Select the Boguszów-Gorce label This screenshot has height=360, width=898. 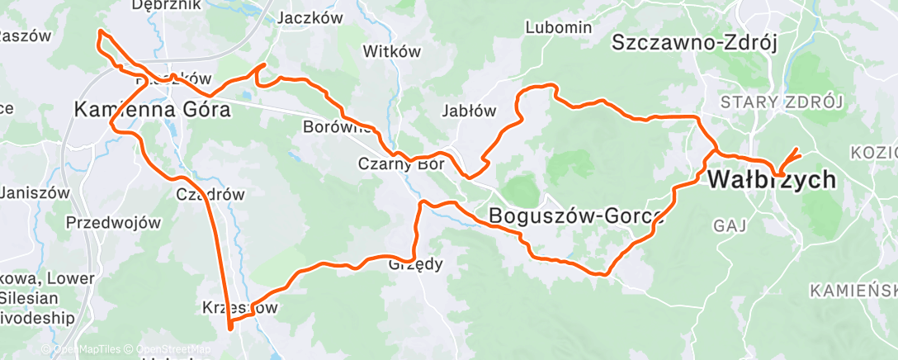[x=576, y=215]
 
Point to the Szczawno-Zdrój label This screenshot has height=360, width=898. [x=695, y=43]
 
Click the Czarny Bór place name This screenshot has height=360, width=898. [x=400, y=163]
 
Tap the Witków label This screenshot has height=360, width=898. [x=391, y=51]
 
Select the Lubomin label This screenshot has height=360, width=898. [x=559, y=27]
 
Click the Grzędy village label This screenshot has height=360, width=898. [x=416, y=265]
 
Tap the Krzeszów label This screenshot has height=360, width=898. [x=240, y=308]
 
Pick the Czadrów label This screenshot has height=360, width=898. [x=211, y=195]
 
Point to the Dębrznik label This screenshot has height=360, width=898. [x=166, y=5]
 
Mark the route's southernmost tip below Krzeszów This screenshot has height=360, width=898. [x=230, y=328]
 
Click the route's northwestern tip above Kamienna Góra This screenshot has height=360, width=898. [x=100, y=31]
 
